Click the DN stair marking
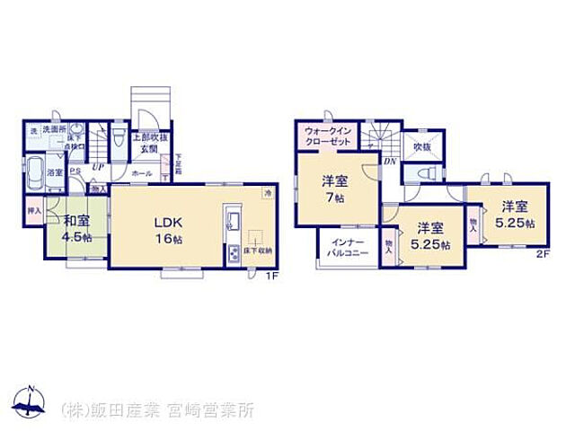(x=389, y=162)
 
